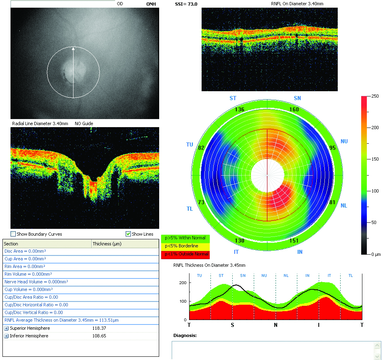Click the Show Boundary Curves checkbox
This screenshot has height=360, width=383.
click(13, 234)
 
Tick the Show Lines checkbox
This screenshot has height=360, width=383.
click(128, 234)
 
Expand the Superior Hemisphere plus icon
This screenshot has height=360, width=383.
click(6, 329)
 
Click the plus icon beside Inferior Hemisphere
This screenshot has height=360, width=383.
click(6, 336)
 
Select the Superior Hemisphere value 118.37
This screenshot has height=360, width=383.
click(99, 328)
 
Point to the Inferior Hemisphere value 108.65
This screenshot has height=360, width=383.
click(99, 336)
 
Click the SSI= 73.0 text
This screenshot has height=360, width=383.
click(186, 4)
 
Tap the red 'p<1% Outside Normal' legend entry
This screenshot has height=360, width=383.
click(185, 254)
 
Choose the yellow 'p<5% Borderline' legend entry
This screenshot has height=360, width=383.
click(185, 246)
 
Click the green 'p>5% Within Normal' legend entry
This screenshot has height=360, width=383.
click(185, 238)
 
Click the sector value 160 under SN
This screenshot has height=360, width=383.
click(294, 109)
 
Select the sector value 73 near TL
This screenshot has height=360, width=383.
click(201, 202)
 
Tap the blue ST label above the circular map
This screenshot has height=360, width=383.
click(233, 98)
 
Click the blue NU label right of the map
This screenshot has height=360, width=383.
click(344, 141)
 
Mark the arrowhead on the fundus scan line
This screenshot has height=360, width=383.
click(73, 48)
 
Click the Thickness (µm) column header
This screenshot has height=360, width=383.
click(107, 244)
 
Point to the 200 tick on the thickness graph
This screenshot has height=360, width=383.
click(183, 283)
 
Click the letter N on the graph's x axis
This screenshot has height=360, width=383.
click(276, 325)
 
